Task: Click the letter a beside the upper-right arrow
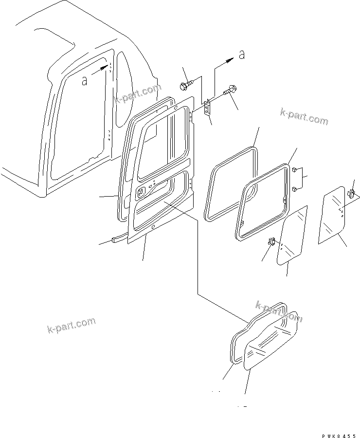click(x=242, y=56)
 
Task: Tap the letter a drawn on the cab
click(x=85, y=80)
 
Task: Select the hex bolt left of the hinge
click(x=186, y=86)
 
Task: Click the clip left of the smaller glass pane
click(x=272, y=242)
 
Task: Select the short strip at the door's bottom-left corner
click(x=119, y=238)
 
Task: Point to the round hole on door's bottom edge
click(x=153, y=228)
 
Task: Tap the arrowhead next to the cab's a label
click(x=104, y=69)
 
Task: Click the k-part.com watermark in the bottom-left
click(x=71, y=326)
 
